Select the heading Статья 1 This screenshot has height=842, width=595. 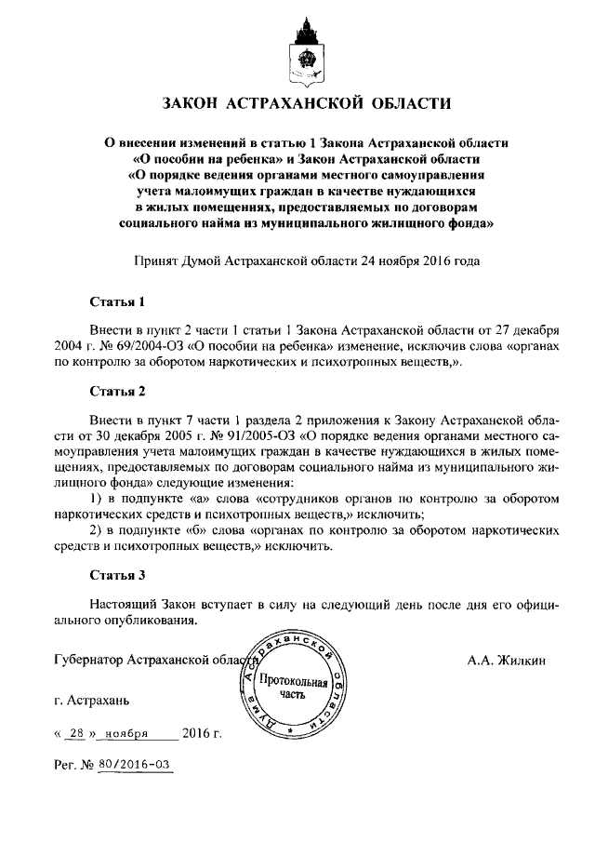[118, 302]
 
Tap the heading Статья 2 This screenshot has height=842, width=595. [118, 390]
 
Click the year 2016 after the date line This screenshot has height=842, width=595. [196, 734]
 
